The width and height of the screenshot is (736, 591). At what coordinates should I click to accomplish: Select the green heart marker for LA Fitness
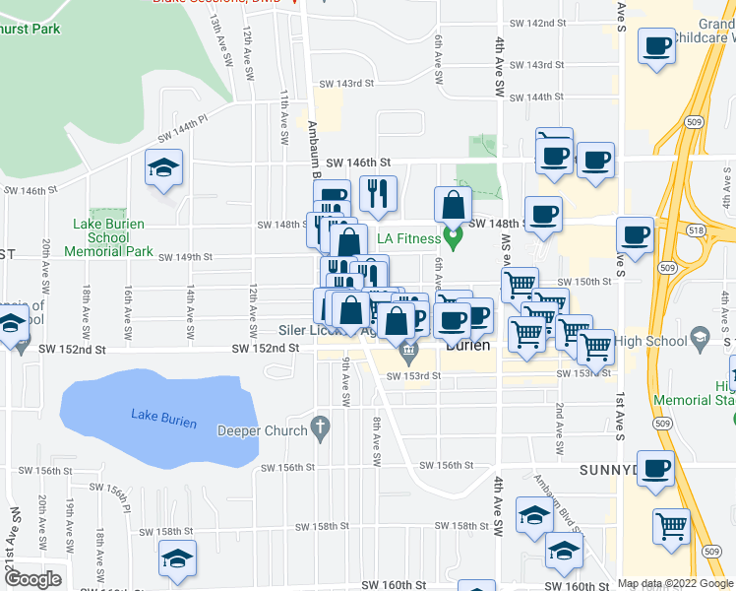453,236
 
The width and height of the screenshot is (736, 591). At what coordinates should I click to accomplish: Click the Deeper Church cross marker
318,427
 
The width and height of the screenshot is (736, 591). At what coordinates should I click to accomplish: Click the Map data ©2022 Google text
675,583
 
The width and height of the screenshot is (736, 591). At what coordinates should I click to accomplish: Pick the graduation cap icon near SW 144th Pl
164,167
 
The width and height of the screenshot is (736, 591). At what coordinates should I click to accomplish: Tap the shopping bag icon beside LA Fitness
453,205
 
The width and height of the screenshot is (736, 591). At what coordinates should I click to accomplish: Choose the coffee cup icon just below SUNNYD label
656,469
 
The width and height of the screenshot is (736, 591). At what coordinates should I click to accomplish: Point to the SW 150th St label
593,282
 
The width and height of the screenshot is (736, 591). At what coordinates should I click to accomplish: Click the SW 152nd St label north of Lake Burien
265,348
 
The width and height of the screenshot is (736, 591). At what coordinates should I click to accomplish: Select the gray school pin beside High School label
699,337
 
